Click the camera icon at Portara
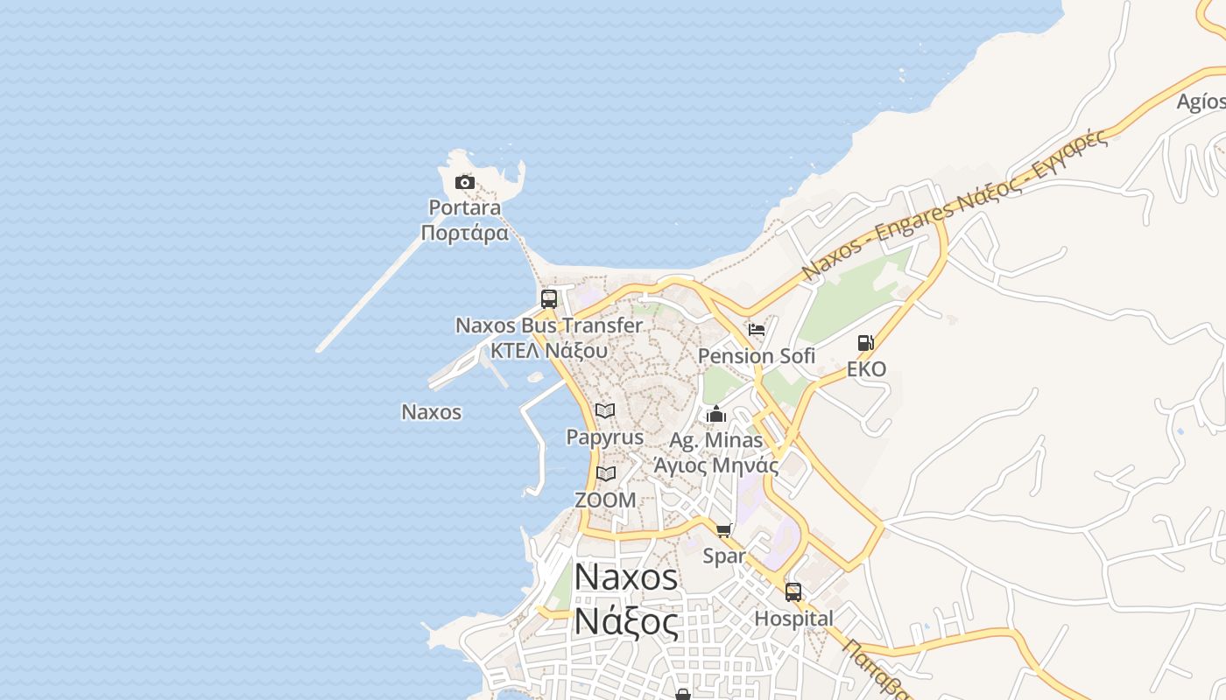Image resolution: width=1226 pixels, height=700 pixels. point(465,183)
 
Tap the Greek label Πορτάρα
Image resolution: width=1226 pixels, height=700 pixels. point(464,234)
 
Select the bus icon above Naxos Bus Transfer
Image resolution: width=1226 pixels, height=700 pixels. point(549,298)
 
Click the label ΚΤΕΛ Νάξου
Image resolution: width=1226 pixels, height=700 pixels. point(549,351)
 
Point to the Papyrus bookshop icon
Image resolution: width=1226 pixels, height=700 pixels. point(605,410)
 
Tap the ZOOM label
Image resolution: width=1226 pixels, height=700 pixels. point(605,500)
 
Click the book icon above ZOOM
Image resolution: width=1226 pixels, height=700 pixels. point(605,473)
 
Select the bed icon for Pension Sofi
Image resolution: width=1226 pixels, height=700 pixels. point(757,330)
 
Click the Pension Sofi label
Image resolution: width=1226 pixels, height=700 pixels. point(757,356)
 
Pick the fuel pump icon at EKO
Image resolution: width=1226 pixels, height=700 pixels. point(866,342)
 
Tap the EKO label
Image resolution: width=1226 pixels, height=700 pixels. point(866,369)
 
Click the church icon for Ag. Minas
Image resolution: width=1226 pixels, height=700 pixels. point(716,414)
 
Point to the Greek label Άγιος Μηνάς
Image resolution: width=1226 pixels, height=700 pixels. point(716,465)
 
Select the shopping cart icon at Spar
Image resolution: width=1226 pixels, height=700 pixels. point(724,530)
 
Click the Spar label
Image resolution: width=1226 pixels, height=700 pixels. point(724,556)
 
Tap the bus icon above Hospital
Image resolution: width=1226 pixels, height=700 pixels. point(793,592)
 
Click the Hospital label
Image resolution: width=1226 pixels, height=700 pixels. point(793,619)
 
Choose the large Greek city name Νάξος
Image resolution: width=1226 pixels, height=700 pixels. point(626,622)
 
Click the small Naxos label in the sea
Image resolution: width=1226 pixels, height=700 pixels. point(431,411)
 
